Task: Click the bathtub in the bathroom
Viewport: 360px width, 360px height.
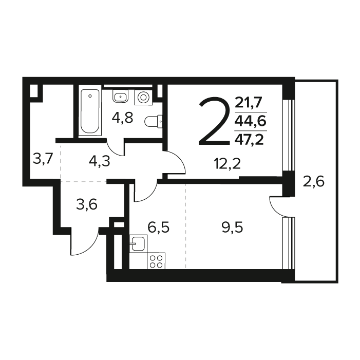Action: click(90, 110)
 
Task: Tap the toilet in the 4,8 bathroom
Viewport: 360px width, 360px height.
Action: click(154, 121)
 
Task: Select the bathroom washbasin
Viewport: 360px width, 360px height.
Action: click(120, 96)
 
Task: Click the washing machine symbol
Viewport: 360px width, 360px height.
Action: click(143, 97)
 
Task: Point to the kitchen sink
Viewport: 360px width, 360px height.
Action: click(138, 243)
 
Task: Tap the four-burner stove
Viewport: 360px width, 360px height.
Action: click(156, 261)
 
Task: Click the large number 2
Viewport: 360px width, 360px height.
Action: click(215, 121)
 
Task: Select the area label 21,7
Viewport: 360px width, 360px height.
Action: click(249, 103)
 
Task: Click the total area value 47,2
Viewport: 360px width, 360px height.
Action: click(249, 139)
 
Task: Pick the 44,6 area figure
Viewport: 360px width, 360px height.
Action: click(250, 121)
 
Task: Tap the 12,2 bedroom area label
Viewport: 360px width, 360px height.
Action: click(227, 164)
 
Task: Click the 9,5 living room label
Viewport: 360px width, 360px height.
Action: click(232, 228)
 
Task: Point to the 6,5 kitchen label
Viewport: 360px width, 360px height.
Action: click(159, 228)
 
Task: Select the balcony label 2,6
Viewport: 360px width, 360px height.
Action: click(314, 182)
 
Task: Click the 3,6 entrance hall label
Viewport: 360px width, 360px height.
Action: click(87, 204)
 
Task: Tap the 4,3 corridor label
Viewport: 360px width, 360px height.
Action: click(100, 161)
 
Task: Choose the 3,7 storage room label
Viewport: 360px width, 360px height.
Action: click(43, 159)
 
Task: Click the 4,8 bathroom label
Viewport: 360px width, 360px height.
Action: click(122, 118)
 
